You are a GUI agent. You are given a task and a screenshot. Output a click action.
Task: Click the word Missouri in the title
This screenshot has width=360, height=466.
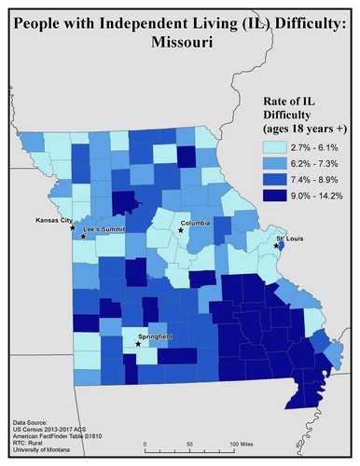179,42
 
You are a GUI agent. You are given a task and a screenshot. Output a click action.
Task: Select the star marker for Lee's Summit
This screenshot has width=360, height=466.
83,237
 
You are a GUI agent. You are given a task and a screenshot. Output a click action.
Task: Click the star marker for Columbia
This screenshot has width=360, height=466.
181,230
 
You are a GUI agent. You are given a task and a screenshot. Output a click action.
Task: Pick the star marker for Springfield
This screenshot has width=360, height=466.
139,344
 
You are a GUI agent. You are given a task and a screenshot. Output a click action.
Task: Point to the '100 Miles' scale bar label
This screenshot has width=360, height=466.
244,444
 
